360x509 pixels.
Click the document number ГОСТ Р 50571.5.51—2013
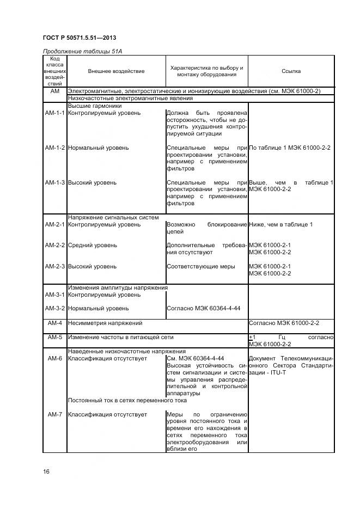click(79, 38)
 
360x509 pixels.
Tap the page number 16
click(46, 471)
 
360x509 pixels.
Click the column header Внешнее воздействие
click(116, 71)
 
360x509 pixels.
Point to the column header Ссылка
click(291, 71)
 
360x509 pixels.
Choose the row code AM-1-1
click(54, 113)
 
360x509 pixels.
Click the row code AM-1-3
click(54, 183)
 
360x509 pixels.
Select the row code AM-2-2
click(54, 246)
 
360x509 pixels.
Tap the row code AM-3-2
click(54, 308)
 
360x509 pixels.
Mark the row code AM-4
click(54, 323)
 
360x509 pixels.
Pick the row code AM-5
click(54, 338)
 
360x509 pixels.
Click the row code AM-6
click(54, 358)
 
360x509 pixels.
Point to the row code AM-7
click(54, 415)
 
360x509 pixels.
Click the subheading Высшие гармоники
click(94, 106)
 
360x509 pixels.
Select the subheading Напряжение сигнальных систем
click(113, 218)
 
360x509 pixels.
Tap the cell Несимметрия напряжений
click(105, 323)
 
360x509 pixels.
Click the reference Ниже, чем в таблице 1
click(280, 225)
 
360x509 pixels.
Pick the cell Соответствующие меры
click(200, 267)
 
